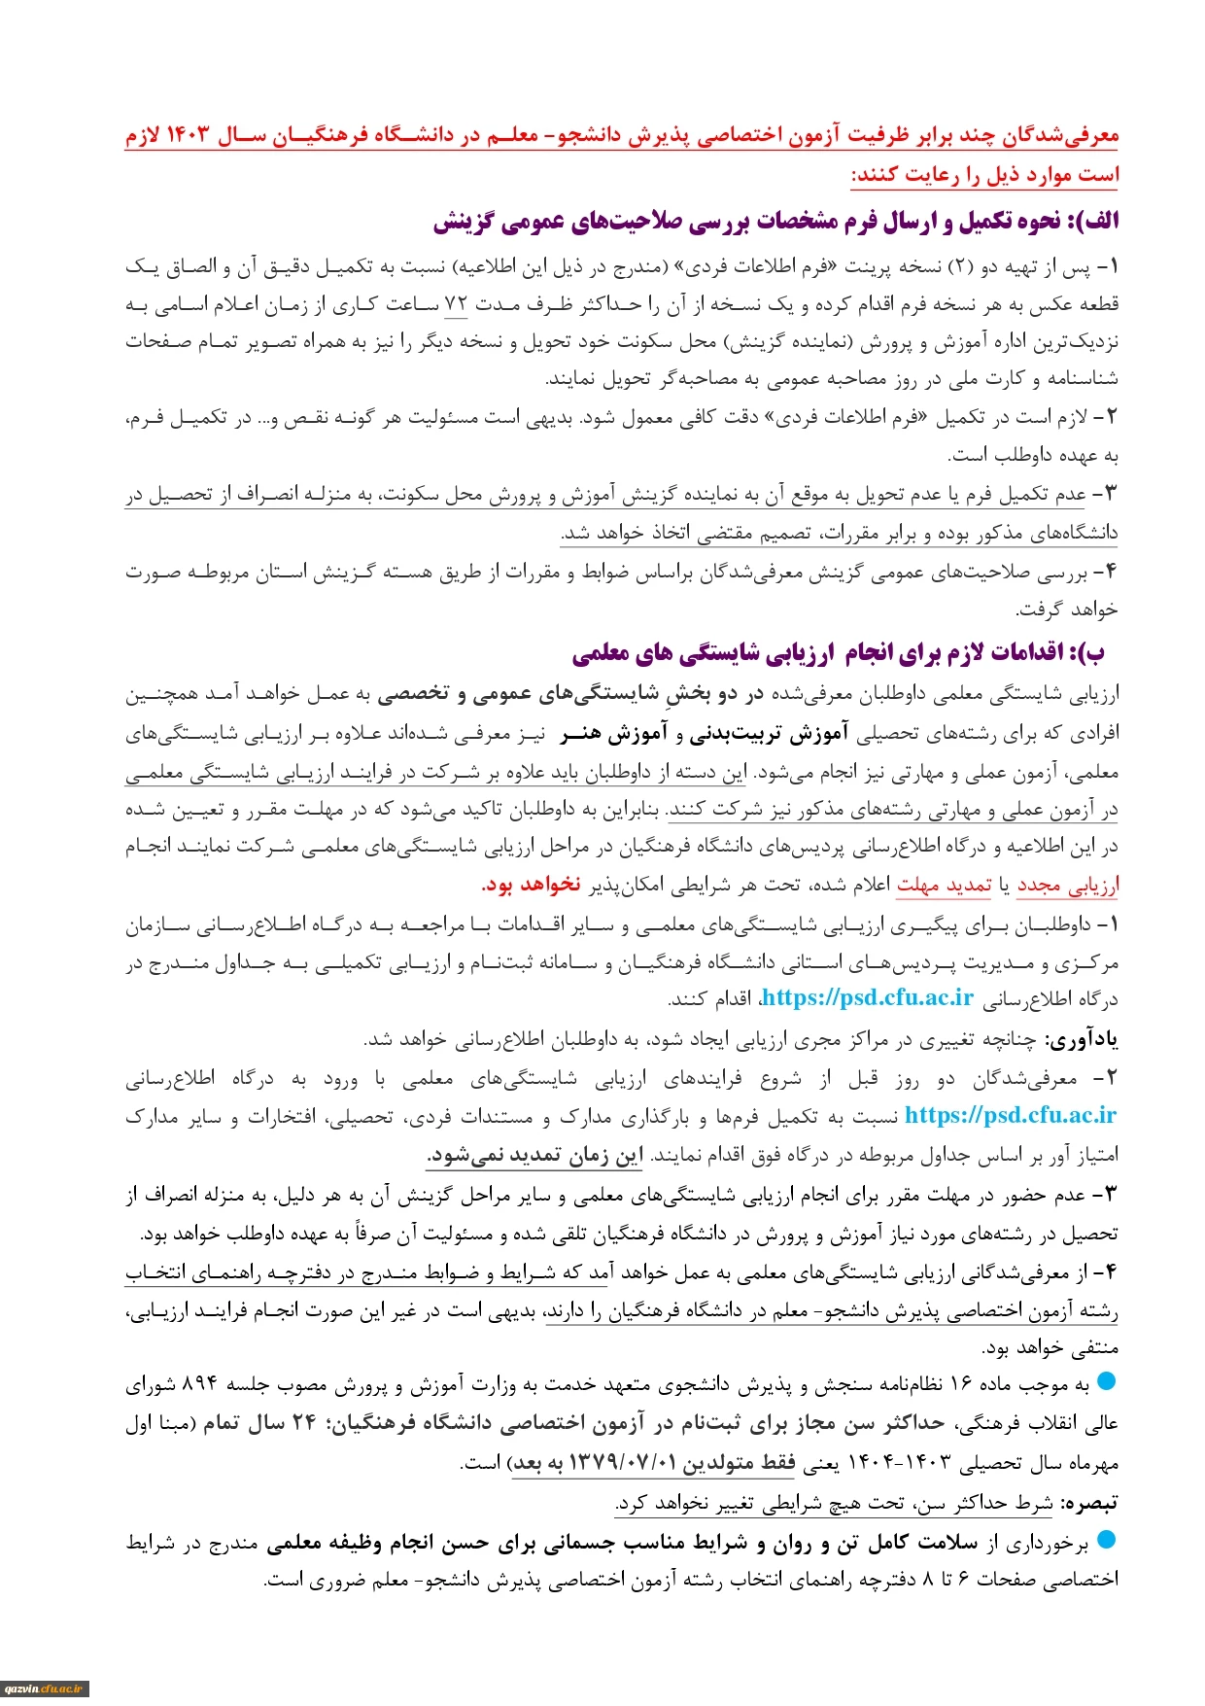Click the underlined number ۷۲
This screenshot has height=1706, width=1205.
(x=456, y=304)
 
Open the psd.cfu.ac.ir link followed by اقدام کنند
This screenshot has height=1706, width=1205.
(x=868, y=998)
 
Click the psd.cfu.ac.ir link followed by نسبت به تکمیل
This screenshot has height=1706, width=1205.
(x=1011, y=1116)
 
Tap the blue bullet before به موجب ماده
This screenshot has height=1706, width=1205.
(x=1106, y=1381)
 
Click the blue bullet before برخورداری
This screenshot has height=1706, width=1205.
(x=1106, y=1540)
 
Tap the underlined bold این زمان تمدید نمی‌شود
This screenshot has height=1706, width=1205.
(x=534, y=1155)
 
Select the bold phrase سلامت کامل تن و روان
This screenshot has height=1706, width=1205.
(x=886, y=1543)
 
